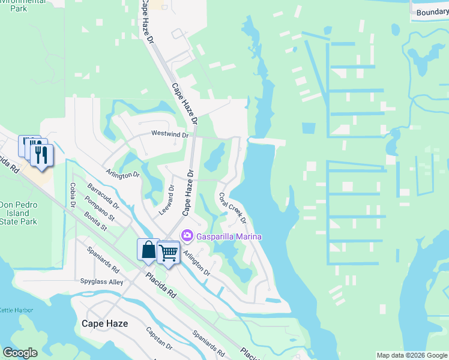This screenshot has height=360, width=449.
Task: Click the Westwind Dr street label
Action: [x=170, y=134]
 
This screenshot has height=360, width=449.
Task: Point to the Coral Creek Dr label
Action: [x=232, y=208]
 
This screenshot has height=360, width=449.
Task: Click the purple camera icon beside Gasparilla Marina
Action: [x=187, y=236]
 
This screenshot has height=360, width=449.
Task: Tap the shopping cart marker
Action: [x=169, y=253]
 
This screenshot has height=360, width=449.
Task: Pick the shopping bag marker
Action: [x=148, y=249]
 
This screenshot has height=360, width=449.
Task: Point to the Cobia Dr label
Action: [x=73, y=196]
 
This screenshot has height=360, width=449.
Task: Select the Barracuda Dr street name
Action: [x=103, y=196]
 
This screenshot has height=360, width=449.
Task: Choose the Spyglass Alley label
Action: [x=101, y=281]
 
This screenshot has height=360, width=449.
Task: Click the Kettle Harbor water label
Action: [x=16, y=310]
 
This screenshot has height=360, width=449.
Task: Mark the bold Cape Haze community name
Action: [x=104, y=323]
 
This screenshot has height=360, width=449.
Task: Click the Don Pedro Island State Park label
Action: [x=19, y=213]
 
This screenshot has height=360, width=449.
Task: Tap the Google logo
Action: [x=20, y=352]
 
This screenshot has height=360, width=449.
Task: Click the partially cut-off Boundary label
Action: [x=432, y=12]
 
